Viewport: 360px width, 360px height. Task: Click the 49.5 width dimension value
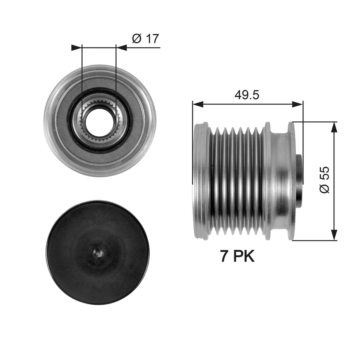[247, 94]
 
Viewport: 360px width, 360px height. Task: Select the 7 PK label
[238, 257]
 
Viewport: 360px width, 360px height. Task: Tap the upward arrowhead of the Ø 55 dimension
[334, 127]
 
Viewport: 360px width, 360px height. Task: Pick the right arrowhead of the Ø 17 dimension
[121, 47]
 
